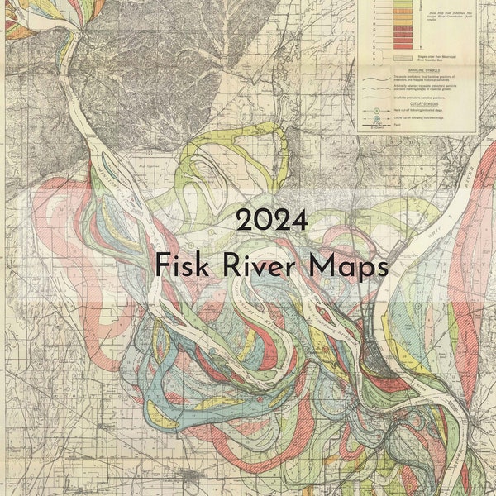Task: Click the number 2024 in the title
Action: point(272,220)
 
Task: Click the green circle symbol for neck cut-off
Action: point(376,110)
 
